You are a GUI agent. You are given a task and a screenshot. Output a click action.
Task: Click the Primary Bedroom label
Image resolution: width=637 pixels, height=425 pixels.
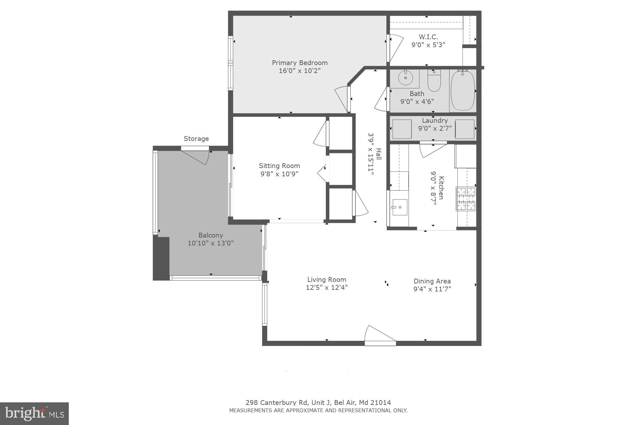(299, 63)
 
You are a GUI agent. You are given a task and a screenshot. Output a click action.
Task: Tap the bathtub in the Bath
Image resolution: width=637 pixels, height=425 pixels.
(462, 91)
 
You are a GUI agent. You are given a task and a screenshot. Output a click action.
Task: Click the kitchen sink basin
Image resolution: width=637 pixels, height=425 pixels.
(400, 207)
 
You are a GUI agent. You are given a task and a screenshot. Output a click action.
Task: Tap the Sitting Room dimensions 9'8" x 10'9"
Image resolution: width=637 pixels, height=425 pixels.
(279, 174)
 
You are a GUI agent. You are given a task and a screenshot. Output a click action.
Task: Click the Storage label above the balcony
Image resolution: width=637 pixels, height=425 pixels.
(196, 139)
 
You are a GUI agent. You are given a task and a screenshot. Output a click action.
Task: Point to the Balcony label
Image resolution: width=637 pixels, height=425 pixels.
(211, 235)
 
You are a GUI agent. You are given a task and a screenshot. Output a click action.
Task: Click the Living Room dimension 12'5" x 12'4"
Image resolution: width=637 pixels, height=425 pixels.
(326, 288)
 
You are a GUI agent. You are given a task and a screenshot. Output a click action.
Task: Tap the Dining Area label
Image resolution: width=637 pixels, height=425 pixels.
(432, 281)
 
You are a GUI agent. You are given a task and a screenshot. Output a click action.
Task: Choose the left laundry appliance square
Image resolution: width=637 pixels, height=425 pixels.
(402, 129)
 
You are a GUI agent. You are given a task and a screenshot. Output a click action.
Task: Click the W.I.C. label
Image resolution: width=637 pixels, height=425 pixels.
(428, 37)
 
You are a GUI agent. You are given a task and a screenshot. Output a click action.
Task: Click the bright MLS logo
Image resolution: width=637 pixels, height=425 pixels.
(34, 414)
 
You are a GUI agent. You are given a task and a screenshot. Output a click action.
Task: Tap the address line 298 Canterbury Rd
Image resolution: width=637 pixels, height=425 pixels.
(318, 403)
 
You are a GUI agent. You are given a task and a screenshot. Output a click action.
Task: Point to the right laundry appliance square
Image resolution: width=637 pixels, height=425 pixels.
(465, 129)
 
